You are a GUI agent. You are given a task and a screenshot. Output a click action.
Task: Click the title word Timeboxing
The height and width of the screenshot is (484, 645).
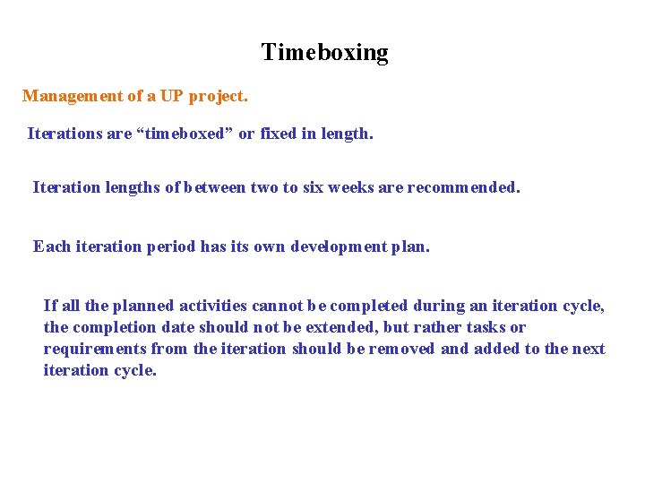324,53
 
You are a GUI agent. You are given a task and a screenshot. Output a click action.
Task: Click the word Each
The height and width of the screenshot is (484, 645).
50,246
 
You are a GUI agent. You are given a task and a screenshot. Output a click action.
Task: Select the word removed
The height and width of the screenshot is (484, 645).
404,349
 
